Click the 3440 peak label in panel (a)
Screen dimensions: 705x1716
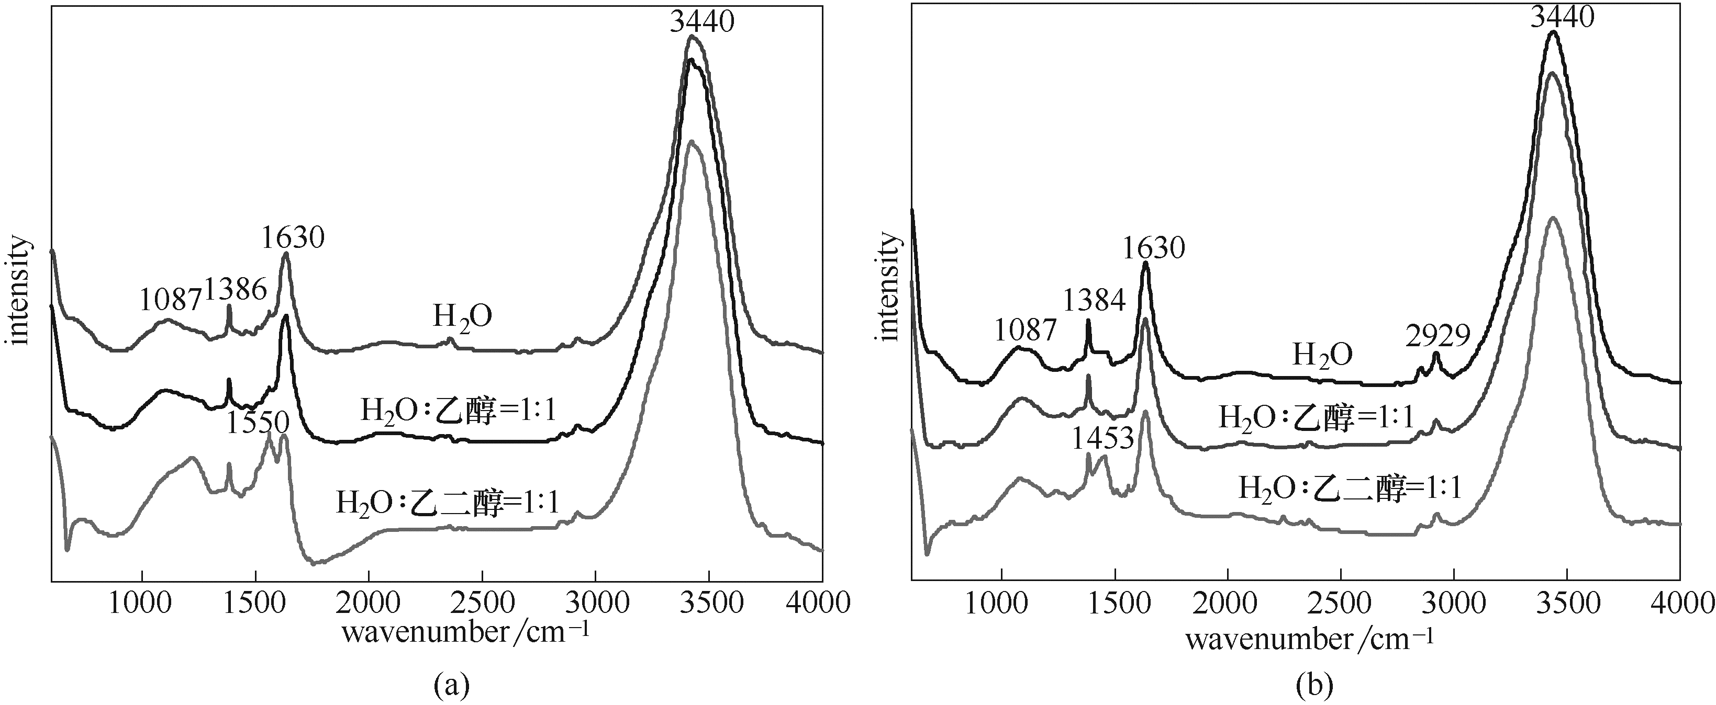click(701, 22)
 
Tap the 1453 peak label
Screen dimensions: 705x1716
click(1102, 439)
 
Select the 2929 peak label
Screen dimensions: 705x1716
click(1438, 337)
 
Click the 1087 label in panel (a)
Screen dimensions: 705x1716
click(171, 300)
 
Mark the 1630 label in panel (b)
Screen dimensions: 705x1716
click(1154, 248)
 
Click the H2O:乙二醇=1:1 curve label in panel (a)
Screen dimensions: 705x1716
click(447, 502)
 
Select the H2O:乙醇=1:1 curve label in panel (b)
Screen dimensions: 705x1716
click(1316, 418)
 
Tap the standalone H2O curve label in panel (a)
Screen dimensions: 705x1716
click(462, 317)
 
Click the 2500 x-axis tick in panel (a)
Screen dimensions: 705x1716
click(482, 603)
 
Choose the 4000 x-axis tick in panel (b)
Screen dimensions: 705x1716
click(1680, 603)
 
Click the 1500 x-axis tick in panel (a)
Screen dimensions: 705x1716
click(255, 603)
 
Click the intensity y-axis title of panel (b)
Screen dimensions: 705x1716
click(889, 286)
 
